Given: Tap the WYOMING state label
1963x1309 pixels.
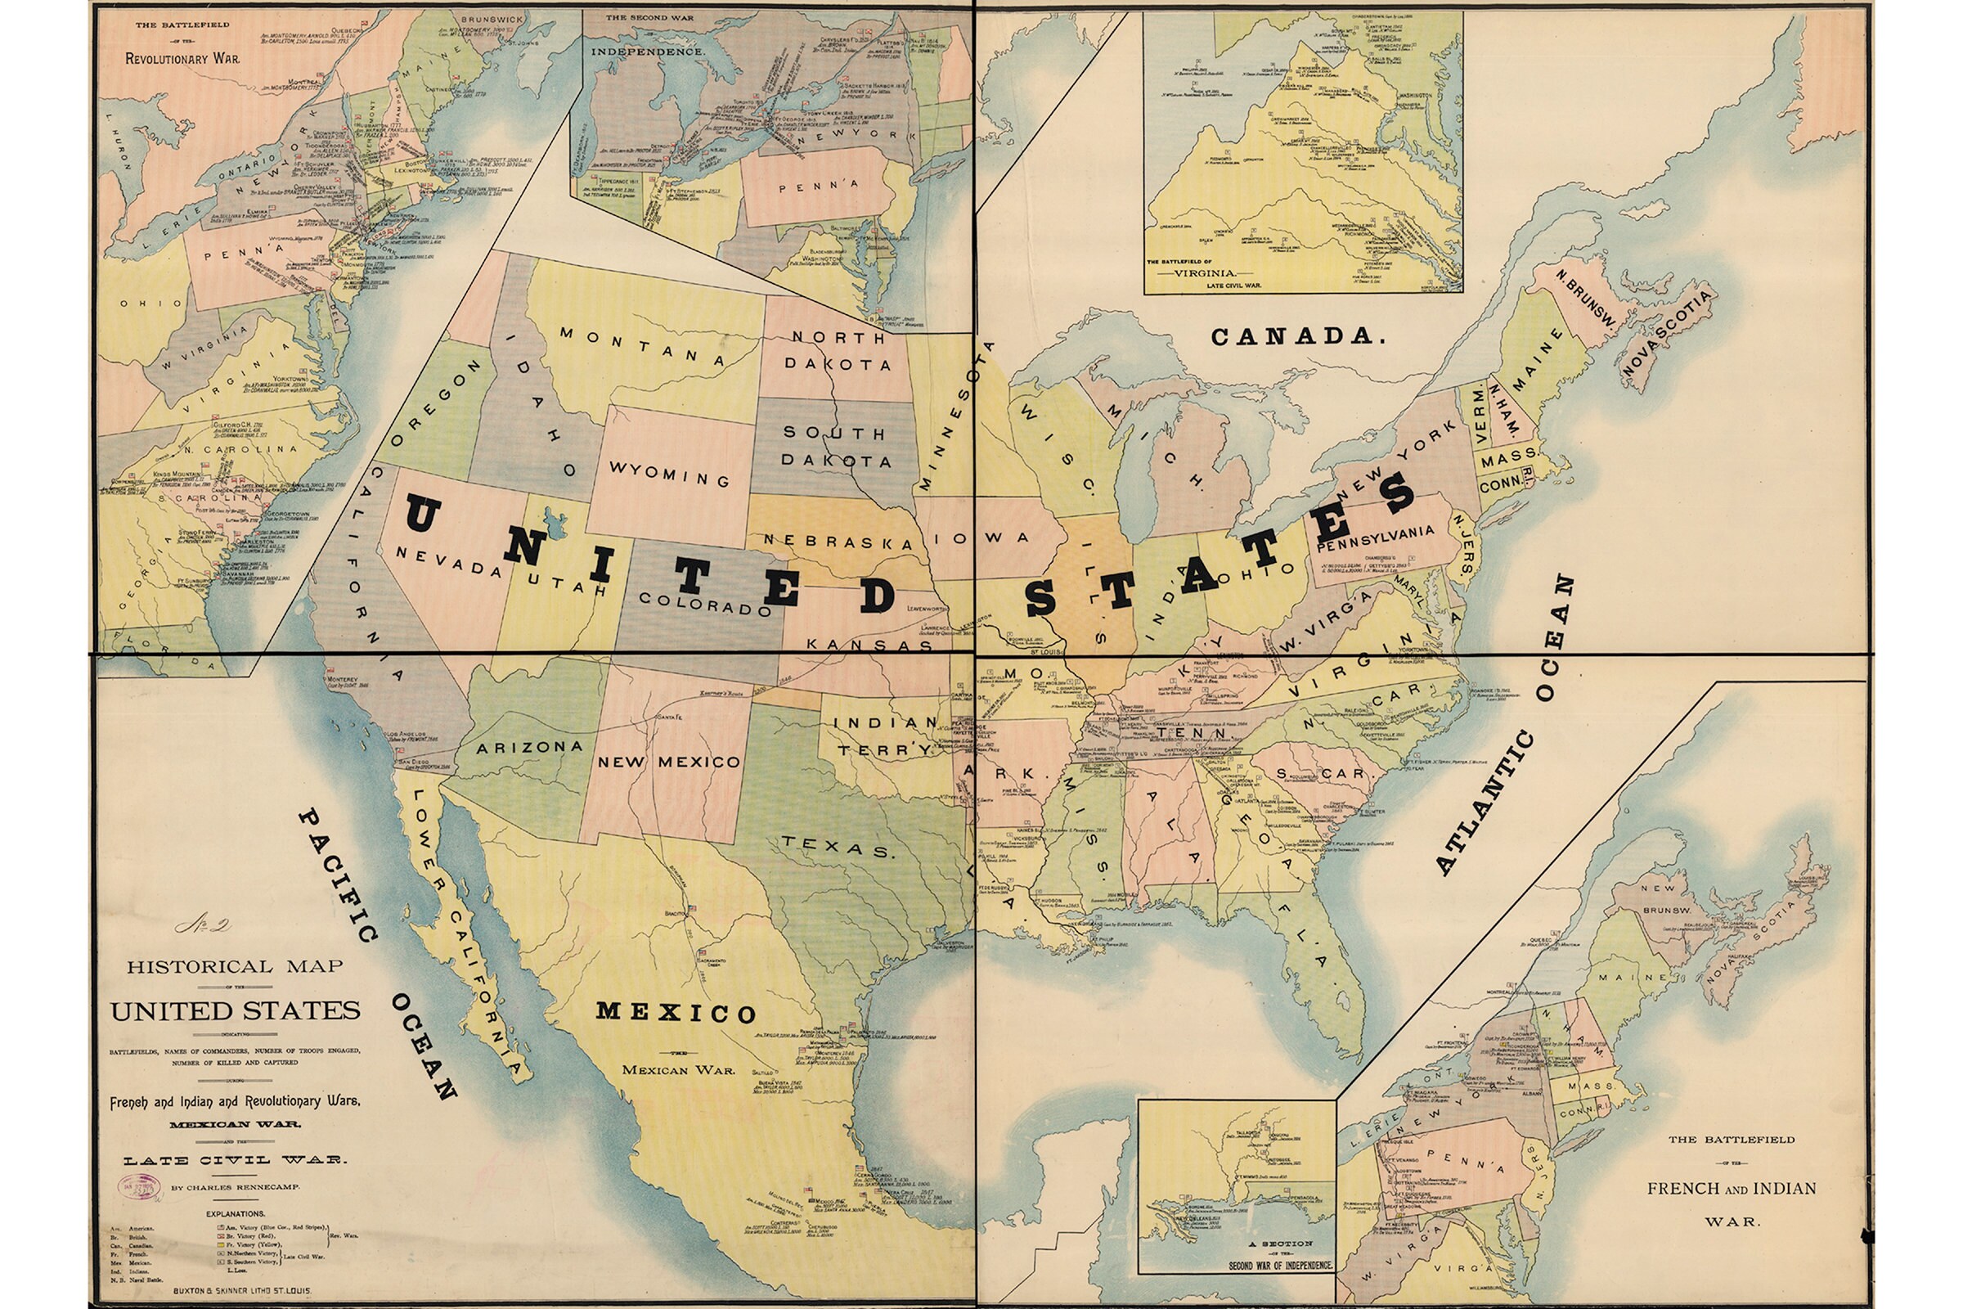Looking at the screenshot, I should click(669, 474).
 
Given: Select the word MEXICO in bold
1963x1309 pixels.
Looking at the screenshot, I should click(676, 1013).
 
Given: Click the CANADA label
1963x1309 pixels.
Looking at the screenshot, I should click(1298, 336).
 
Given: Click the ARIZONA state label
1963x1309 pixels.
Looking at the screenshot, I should click(529, 747).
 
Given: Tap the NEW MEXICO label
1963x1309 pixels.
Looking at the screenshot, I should click(668, 762).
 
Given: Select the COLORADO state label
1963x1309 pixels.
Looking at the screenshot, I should click(705, 604).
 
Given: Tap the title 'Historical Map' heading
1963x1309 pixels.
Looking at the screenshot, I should click(235, 967).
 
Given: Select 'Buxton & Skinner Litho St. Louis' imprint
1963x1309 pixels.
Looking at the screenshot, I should click(241, 1291).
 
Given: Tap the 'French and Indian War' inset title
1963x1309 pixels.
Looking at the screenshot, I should click(1731, 1188).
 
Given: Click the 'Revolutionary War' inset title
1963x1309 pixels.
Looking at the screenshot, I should click(182, 58).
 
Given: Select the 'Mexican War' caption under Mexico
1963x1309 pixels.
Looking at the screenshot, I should click(678, 1070).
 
